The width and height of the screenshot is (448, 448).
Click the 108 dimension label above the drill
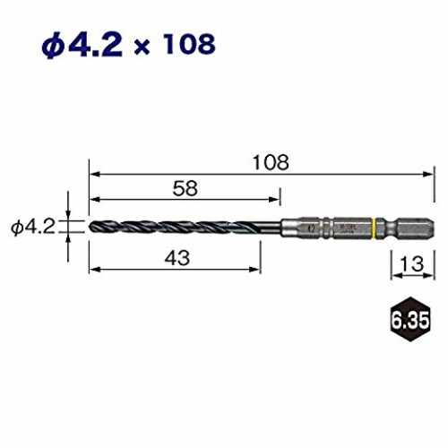[271, 162]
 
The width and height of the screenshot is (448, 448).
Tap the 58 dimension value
[185, 188]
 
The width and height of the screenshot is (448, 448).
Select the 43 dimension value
[177, 258]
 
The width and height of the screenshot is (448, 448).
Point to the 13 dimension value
[411, 263]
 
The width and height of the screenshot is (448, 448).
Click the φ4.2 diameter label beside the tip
[33, 227]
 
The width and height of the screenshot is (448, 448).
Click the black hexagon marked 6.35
[410, 319]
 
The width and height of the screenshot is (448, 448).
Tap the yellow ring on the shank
[375, 228]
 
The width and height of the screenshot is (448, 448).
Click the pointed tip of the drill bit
[90, 227]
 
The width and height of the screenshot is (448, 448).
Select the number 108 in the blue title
[189, 45]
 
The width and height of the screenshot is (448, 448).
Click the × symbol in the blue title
[142, 47]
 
